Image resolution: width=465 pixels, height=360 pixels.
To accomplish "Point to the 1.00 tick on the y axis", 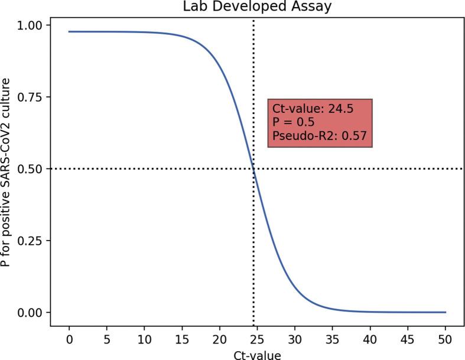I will click(x=31, y=25).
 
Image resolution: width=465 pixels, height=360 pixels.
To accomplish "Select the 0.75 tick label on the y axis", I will click(x=31, y=97).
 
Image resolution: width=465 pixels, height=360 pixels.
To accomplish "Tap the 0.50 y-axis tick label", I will click(x=31, y=169).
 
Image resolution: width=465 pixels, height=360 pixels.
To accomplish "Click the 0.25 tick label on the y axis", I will click(x=31, y=241).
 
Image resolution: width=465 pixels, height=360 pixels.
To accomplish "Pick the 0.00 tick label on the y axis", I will click(x=31, y=312).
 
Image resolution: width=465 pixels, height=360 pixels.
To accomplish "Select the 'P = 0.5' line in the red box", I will click(x=294, y=123).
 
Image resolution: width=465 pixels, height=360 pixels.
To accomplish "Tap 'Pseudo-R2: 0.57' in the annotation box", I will click(x=320, y=137).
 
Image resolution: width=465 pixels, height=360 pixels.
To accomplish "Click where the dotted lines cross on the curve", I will click(x=253, y=169).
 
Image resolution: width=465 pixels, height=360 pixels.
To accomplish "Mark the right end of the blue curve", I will click(x=446, y=312).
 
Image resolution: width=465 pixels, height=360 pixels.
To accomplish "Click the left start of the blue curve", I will click(x=69, y=31).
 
